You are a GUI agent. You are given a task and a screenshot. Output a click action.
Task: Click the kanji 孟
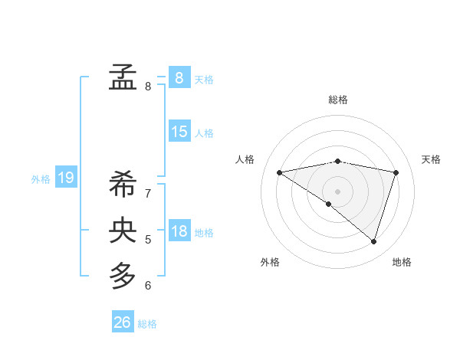[x=123, y=77]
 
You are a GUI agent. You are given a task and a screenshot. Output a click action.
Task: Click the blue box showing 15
[x=179, y=132]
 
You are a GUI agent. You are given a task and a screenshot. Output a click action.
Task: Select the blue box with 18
[x=179, y=231]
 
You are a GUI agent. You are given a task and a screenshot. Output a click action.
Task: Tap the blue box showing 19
[x=66, y=178]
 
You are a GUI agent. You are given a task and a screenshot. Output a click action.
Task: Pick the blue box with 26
[x=123, y=322]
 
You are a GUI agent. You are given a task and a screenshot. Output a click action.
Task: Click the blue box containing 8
[x=179, y=77]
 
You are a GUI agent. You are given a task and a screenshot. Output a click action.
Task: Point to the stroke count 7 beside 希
[x=148, y=194]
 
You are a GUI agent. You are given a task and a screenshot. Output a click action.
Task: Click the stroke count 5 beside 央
[x=148, y=240]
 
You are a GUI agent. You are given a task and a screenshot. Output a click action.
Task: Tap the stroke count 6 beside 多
[x=148, y=286]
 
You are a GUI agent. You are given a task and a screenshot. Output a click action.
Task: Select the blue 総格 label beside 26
[x=147, y=324]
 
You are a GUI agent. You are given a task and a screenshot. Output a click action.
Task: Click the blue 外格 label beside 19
[x=41, y=179]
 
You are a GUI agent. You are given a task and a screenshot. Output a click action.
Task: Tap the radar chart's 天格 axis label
[x=431, y=159]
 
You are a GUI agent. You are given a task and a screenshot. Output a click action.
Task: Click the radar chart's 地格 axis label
[x=402, y=262]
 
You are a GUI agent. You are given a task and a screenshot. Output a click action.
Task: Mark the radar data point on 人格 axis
[x=279, y=172]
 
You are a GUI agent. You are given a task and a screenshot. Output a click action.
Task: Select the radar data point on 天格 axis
[x=396, y=172]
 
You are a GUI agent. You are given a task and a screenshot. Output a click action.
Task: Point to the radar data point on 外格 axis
[x=328, y=204]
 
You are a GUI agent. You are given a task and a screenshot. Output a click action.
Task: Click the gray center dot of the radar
[x=337, y=191]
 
